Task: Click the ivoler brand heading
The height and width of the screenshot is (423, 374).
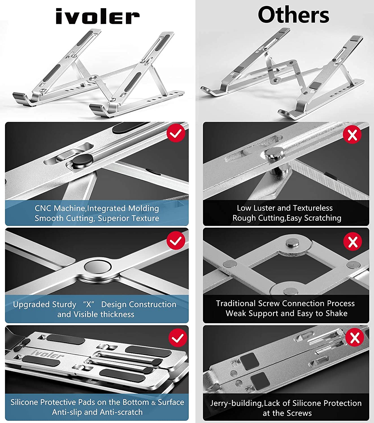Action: tap(97, 17)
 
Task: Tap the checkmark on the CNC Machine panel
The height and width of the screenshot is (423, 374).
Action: tap(176, 133)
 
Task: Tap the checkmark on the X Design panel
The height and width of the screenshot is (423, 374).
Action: tap(176, 241)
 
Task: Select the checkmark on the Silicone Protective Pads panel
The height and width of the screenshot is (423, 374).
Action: tap(178, 338)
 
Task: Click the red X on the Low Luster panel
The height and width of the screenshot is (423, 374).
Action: tap(352, 135)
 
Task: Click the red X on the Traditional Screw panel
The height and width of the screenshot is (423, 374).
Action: tap(353, 242)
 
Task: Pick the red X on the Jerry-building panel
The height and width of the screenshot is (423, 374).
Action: tap(355, 338)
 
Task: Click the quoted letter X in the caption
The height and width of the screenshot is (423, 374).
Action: tap(88, 305)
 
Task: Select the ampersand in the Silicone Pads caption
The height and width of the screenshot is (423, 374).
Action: tap(153, 403)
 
